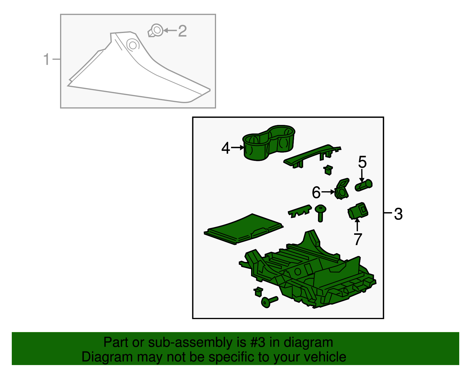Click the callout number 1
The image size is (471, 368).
point(47,59)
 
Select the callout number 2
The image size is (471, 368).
point(182,31)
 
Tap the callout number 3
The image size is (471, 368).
point(398,214)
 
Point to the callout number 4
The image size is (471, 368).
point(225,148)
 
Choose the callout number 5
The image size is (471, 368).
point(362,162)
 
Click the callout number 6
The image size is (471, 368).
point(316,192)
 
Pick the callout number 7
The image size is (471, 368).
point(358,239)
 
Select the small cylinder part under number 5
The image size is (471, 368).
point(364,185)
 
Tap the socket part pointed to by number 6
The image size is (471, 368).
point(342,189)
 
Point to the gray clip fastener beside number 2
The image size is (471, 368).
point(155,31)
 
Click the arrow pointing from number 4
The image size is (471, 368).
point(238,147)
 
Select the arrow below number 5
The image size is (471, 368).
point(361,176)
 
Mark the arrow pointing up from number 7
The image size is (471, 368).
point(357,225)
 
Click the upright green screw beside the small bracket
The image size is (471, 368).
point(320,213)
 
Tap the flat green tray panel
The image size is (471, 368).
point(243,229)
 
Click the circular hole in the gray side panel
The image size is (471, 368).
point(133,45)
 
